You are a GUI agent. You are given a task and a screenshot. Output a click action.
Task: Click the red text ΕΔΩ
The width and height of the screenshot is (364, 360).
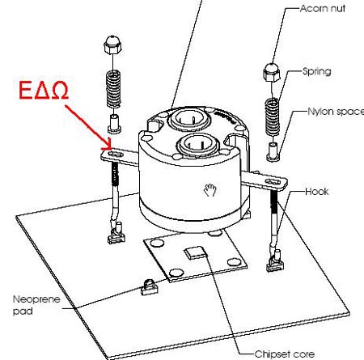[44, 90]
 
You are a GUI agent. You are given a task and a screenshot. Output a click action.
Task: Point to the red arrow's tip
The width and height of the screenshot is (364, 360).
[111, 149]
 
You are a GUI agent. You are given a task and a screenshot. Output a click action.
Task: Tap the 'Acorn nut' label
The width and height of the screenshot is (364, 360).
[323, 9]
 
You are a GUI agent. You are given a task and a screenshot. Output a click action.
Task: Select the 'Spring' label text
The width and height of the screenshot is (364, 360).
[317, 71]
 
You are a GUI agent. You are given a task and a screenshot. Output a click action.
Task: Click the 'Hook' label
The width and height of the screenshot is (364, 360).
[317, 192]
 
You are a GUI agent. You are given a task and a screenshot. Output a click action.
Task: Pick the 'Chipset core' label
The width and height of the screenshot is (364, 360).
[285, 354]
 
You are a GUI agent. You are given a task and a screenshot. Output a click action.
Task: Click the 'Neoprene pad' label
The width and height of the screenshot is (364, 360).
[36, 305]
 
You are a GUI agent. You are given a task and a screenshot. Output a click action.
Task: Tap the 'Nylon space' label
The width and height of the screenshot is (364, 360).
[336, 112]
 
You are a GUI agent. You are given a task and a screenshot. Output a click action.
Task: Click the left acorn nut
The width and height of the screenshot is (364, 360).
[112, 44]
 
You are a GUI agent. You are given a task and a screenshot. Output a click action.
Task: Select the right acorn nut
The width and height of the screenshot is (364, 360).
[272, 72]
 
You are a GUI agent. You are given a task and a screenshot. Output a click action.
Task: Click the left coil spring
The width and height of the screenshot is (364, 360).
[113, 89]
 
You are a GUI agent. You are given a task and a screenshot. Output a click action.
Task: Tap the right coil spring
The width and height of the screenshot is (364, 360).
[272, 116]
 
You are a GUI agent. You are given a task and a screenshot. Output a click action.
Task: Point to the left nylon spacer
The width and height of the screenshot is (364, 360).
[114, 124]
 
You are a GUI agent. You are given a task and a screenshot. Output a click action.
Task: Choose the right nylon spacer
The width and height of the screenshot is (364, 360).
[273, 152]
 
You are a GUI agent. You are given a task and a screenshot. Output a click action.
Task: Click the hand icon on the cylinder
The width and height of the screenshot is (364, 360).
[210, 189]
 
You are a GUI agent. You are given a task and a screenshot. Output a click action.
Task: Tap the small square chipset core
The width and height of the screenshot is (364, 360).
[195, 252]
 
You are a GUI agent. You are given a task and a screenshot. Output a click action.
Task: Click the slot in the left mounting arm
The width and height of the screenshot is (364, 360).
[116, 155]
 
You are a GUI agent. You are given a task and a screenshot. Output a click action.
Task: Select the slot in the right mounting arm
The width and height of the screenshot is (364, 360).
[273, 182]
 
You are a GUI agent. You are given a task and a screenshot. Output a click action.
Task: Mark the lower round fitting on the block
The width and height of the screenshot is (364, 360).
[197, 146]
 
